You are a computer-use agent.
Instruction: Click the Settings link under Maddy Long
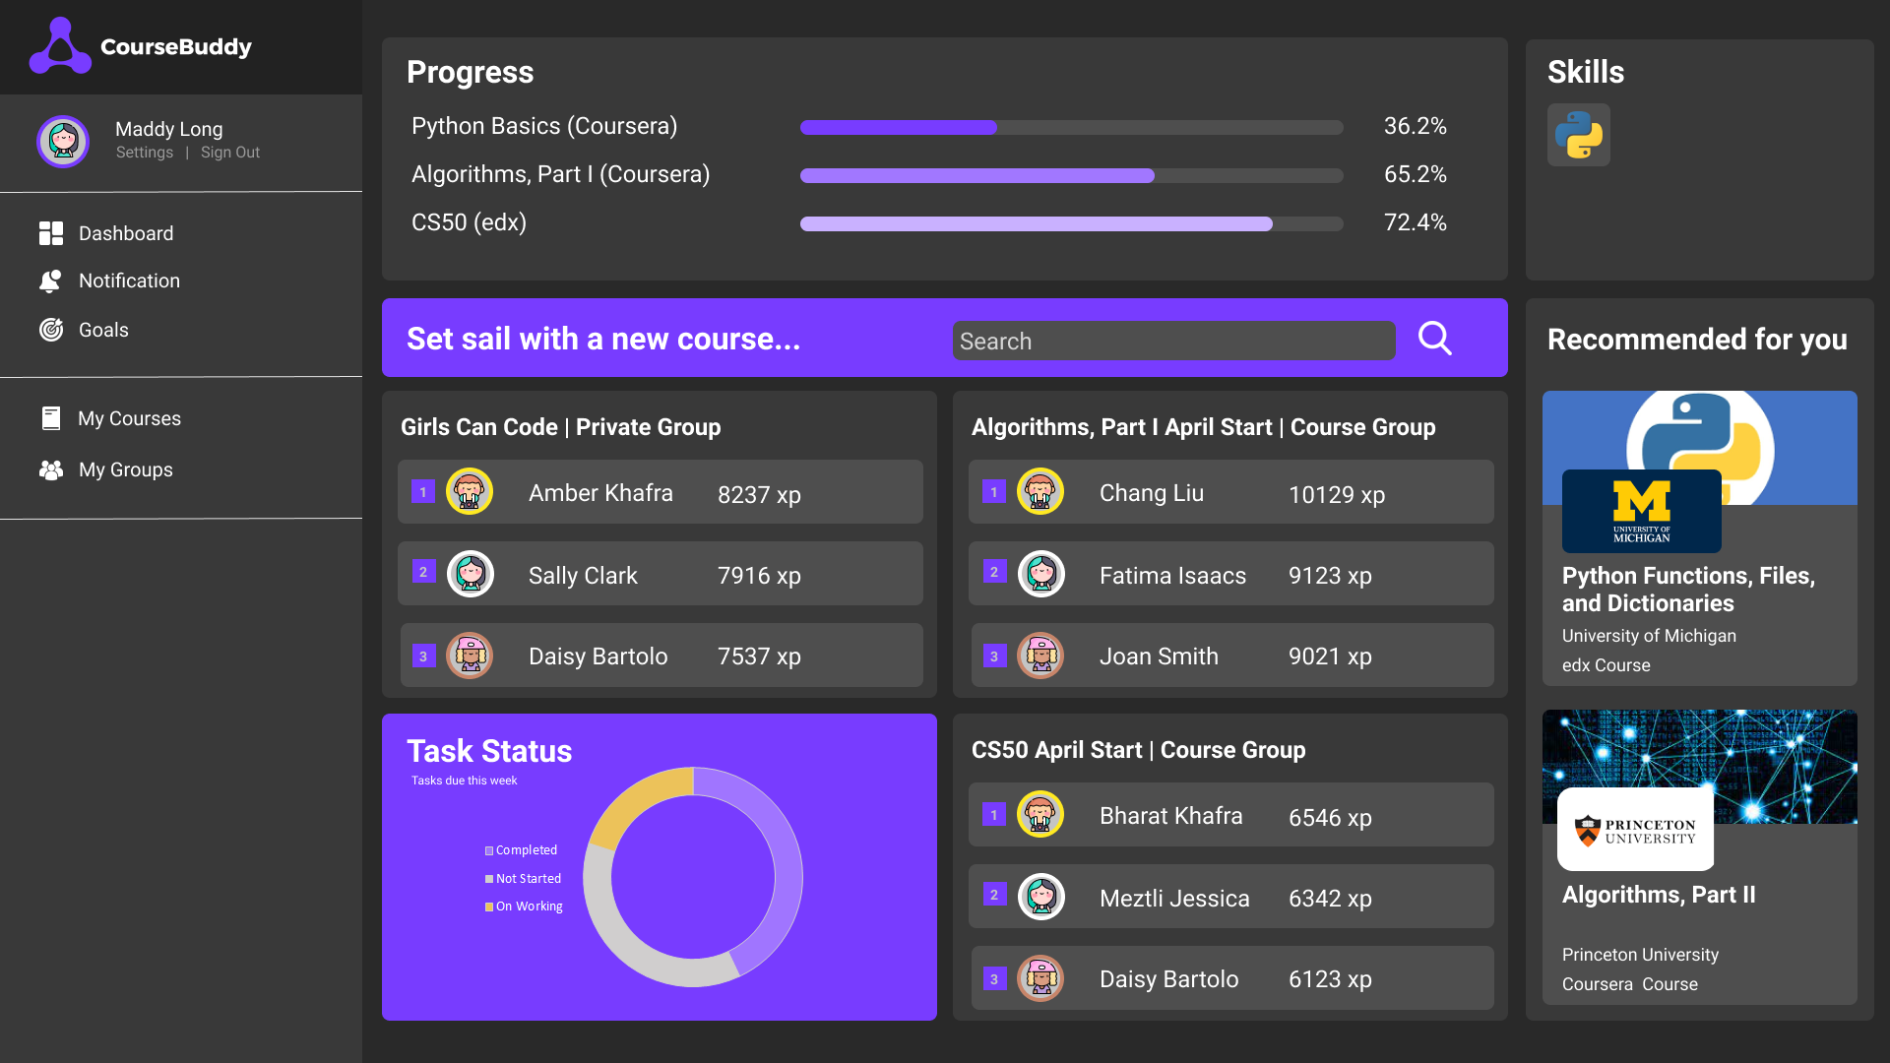pos(145,153)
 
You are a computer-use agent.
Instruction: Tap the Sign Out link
pos(230,153)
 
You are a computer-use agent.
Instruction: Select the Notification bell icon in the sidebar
pos(50,281)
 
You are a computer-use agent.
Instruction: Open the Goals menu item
pos(103,331)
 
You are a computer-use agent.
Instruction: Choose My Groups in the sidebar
pos(125,470)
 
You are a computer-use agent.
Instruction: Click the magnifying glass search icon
pos(1434,339)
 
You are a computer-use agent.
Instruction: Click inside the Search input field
pos(1172,341)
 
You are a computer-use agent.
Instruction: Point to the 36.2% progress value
pos(1415,126)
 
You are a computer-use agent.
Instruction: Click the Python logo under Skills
pos(1578,135)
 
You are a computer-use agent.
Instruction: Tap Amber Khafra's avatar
pos(470,492)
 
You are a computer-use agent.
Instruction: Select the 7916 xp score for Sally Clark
pos(759,576)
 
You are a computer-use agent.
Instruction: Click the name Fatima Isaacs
pos(1172,576)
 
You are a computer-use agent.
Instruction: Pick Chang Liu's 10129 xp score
pos(1336,494)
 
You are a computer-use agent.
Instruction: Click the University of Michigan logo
pos(1641,511)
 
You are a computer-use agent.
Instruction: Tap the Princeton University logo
pos(1635,830)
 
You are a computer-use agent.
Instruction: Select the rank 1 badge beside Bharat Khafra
pos(994,815)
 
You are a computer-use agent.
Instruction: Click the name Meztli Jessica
pos(1174,899)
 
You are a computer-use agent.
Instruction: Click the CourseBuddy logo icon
pos(60,46)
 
